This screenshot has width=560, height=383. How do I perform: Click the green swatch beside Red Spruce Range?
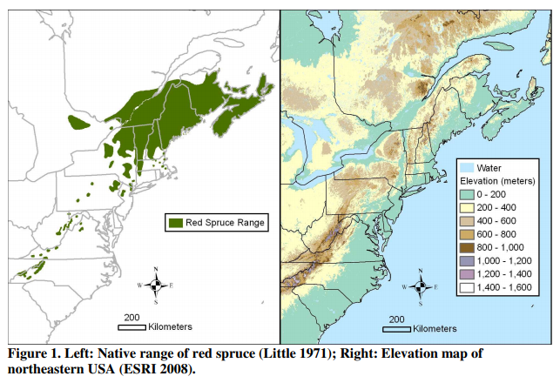(x=177, y=223)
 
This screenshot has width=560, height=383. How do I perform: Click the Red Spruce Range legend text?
(x=226, y=223)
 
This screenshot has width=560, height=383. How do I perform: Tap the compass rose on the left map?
(x=156, y=285)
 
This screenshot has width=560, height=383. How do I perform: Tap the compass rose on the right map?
(x=422, y=285)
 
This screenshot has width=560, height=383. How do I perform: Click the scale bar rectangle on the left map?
(x=132, y=327)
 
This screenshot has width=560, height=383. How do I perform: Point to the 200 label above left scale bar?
(x=132, y=317)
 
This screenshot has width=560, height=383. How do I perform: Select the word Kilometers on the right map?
(x=435, y=329)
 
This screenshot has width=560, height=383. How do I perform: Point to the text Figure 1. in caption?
(x=34, y=354)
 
